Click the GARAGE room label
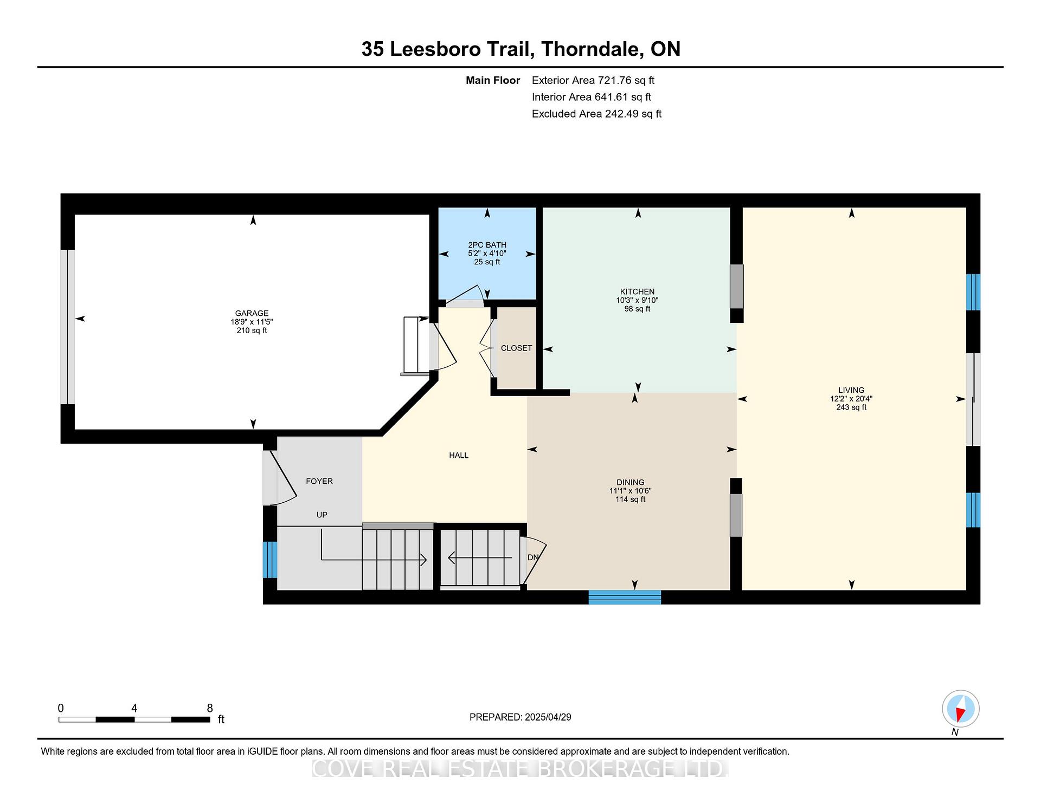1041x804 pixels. click(252, 313)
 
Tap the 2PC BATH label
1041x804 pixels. click(487, 245)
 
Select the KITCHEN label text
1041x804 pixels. click(637, 291)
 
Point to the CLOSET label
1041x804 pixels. click(516, 348)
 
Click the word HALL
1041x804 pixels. click(459, 455)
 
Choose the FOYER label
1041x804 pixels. click(319, 481)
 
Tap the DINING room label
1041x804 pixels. click(630, 482)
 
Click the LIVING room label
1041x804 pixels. click(851, 390)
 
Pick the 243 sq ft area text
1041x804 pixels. click(851, 407)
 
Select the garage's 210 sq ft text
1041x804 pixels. click(252, 330)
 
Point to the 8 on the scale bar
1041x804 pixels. click(210, 708)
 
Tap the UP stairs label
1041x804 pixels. click(322, 515)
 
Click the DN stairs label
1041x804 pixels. click(534, 557)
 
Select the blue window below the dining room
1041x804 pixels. click(625, 597)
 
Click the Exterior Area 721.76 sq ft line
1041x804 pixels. click(593, 80)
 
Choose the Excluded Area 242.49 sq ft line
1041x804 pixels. click(596, 114)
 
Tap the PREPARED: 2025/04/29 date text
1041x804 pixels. click(520, 717)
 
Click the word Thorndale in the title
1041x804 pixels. click(592, 49)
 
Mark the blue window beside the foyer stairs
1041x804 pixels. click(270, 560)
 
